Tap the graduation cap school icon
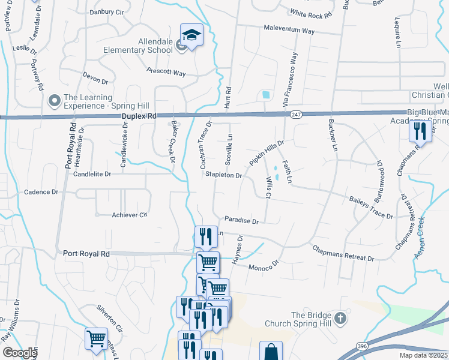(191, 35)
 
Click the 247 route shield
(295, 113)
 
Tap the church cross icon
(340, 318)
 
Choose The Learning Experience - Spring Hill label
(88, 101)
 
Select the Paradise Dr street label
(241, 221)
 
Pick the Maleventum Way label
(289, 29)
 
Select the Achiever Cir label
(129, 215)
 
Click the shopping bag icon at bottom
(271, 350)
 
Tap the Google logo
(19, 353)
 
